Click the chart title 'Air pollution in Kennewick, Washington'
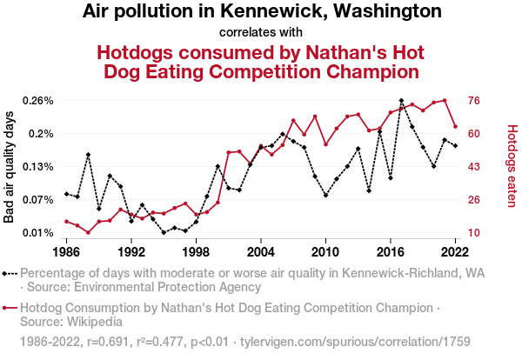(x=262, y=12)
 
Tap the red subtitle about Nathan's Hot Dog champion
(x=261, y=61)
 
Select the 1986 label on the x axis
(x=66, y=251)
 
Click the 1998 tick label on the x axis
(x=196, y=251)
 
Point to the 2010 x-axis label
(x=325, y=251)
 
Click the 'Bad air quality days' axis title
(x=10, y=167)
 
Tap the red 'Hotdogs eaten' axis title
(x=512, y=167)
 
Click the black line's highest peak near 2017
(x=401, y=101)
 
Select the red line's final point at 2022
(x=455, y=127)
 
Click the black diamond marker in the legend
(x=10, y=273)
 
